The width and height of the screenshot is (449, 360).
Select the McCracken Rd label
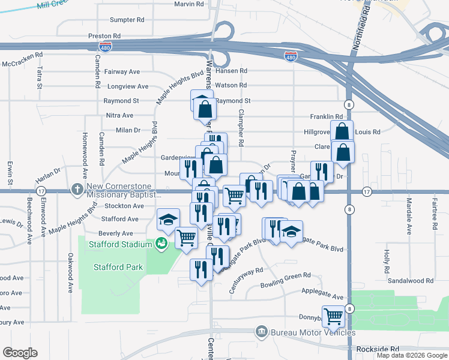click(22, 63)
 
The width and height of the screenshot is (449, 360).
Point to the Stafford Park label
click(118, 267)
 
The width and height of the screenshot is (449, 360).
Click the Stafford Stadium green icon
click(161, 243)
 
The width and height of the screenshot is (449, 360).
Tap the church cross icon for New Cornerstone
click(77, 190)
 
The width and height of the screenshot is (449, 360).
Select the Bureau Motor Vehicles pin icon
click(261, 331)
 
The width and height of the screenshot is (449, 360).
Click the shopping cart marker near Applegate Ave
click(333, 316)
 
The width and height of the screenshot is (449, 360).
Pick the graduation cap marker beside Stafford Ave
click(169, 220)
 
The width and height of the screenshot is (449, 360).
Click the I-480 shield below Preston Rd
click(105, 49)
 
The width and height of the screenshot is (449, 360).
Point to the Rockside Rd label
click(377, 349)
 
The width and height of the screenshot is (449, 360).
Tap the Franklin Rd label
click(326, 116)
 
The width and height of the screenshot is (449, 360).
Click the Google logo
click(20, 353)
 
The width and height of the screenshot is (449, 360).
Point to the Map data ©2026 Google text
click(411, 355)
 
